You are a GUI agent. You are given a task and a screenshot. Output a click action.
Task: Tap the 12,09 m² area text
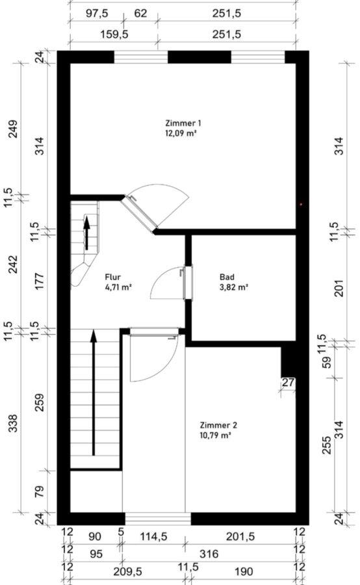pyautogui.click(x=181, y=133)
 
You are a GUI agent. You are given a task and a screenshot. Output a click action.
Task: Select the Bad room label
pyautogui.click(x=227, y=277)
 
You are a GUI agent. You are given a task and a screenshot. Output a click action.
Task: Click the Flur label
pyautogui.click(x=112, y=277)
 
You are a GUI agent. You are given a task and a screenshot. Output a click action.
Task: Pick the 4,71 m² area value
pyautogui.click(x=119, y=287)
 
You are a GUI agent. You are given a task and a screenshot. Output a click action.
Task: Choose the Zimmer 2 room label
pyautogui.click(x=218, y=425)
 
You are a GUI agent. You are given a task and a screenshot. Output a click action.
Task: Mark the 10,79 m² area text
pyautogui.click(x=216, y=435)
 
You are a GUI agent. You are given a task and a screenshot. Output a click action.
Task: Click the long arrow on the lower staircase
pyautogui.click(x=94, y=392)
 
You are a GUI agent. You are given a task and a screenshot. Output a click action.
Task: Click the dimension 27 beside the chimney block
pyautogui.click(x=288, y=382)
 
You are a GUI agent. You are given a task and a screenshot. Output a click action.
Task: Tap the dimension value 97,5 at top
pyautogui.click(x=97, y=14)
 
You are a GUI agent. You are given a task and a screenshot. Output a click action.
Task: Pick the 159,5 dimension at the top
pyautogui.click(x=114, y=34)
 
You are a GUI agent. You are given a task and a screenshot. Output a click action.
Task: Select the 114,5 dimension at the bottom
pyautogui.click(x=153, y=536)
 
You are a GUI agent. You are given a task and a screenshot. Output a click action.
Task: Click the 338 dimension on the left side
pyautogui.click(x=14, y=423)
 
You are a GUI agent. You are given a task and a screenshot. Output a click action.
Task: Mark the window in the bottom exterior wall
pyautogui.click(x=158, y=519)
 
